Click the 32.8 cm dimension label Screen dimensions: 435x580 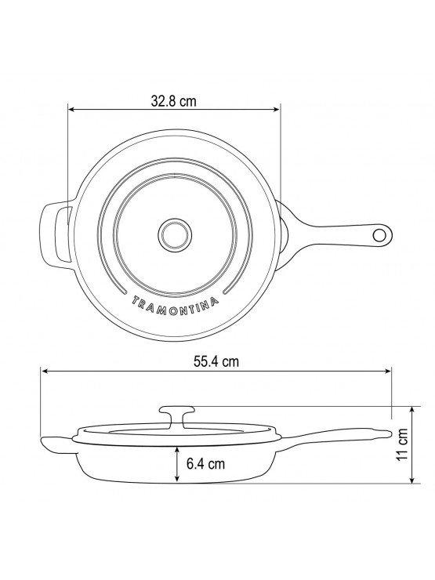click(173, 100)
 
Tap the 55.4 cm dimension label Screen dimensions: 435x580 click(216, 361)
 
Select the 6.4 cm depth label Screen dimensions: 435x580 click(205, 463)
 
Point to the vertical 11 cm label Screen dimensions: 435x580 click(401, 444)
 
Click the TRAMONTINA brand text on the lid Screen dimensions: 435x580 click(175, 305)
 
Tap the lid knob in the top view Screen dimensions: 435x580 click(175, 234)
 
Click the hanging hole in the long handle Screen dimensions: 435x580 click(379, 234)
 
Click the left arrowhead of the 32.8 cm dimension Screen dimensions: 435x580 click(71, 109)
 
